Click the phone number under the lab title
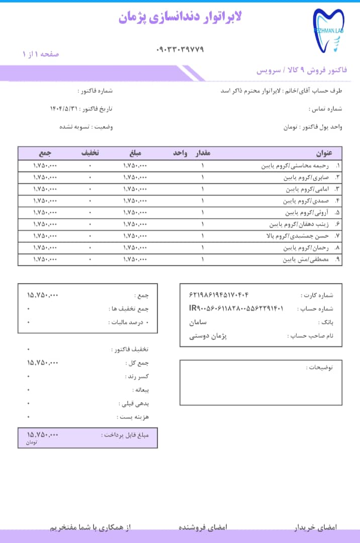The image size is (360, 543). [181, 49]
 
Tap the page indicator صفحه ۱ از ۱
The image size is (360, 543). [41, 54]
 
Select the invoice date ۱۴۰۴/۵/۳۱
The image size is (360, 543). [65, 109]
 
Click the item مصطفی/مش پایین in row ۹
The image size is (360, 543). [305, 260]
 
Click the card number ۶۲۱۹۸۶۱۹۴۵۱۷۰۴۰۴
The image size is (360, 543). [219, 295]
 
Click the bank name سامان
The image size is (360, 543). [198, 322]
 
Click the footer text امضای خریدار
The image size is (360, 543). [315, 527]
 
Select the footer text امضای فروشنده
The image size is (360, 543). [203, 527]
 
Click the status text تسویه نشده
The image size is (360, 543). [75, 127]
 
